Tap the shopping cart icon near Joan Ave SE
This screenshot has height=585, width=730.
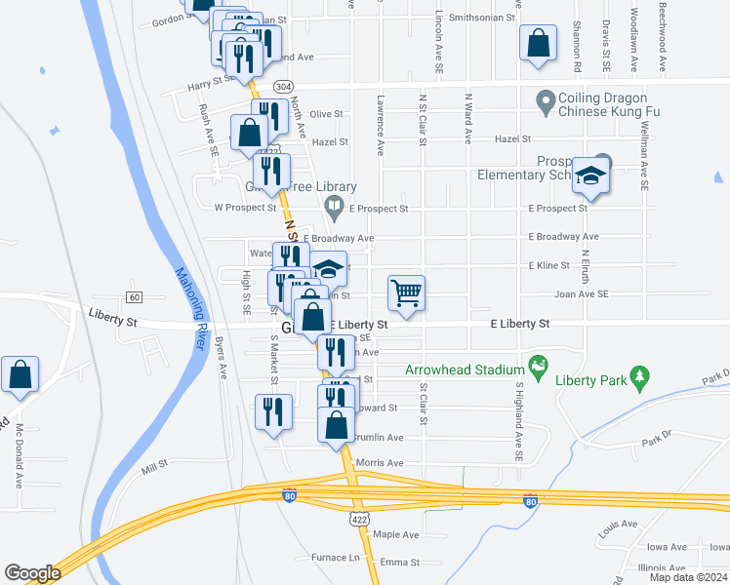[x=406, y=292]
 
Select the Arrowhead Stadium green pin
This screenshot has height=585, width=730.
[x=537, y=367]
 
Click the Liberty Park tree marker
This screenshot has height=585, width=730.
[x=640, y=375]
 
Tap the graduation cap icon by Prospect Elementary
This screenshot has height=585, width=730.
[x=590, y=175]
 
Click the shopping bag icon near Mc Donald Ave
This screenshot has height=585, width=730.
[x=20, y=375]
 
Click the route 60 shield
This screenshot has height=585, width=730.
[x=134, y=296]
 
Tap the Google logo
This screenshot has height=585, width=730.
[x=32, y=573]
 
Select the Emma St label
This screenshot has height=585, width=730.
[x=399, y=563]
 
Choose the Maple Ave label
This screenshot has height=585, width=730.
[x=395, y=534]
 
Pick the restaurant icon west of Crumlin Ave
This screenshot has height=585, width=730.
[x=272, y=410]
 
